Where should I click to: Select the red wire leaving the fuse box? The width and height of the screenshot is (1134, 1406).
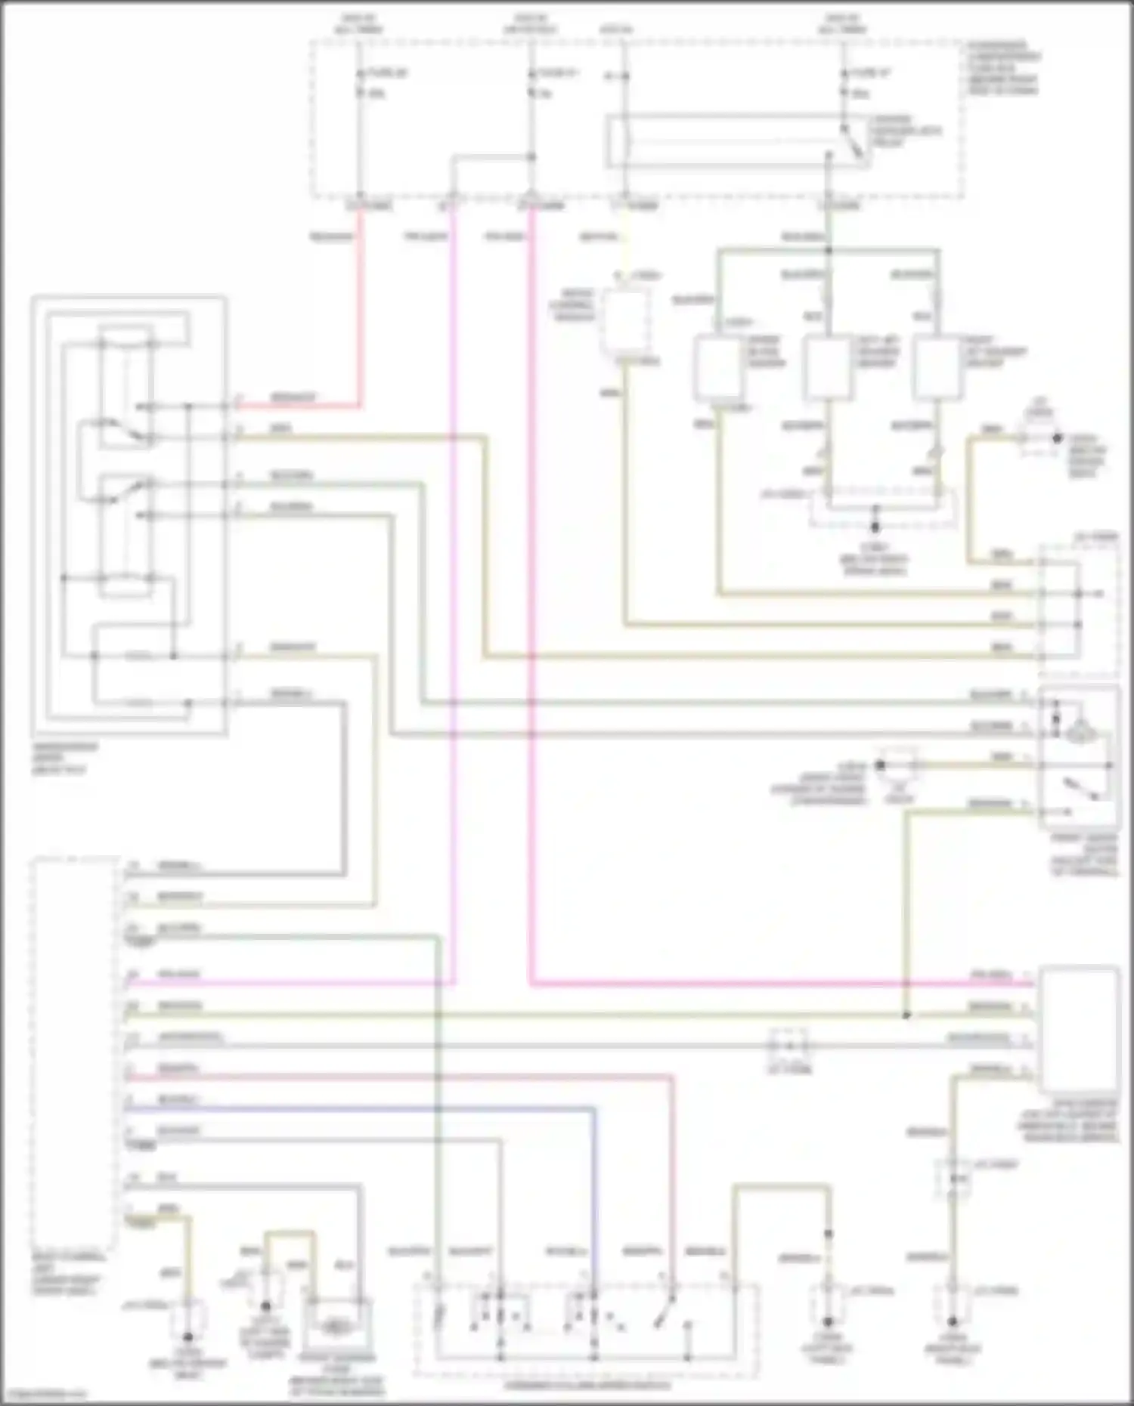[360, 302]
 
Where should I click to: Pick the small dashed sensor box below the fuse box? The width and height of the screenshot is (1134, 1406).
[624, 321]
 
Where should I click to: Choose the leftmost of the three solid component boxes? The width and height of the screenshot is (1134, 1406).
[718, 368]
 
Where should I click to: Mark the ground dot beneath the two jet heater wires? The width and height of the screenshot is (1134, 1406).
[875, 527]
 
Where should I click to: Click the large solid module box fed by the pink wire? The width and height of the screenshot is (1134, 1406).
[1080, 1027]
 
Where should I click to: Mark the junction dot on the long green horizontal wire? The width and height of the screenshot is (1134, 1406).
[906, 1015]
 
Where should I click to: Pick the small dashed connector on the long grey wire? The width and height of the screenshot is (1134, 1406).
[789, 1046]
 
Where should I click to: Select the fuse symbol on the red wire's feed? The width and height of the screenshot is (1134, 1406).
[360, 83]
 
